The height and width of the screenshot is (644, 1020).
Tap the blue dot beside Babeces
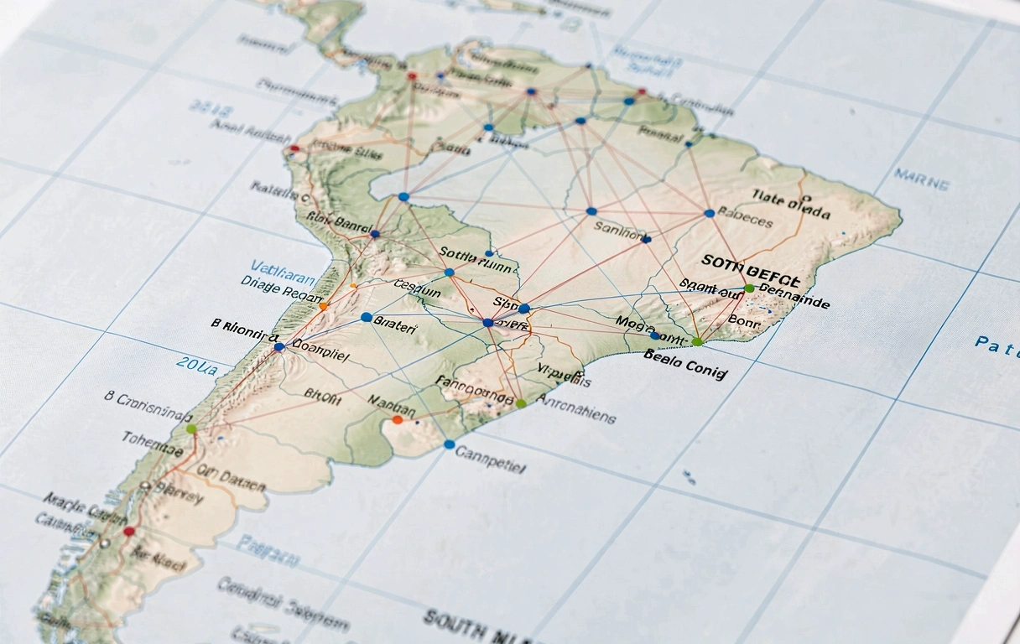tap(710, 213)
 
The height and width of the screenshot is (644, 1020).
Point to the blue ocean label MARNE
tap(922, 179)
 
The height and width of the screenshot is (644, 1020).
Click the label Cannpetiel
tap(491, 458)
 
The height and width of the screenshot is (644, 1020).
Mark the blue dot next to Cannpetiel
tap(450, 444)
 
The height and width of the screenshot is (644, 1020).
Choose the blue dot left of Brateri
tap(366, 317)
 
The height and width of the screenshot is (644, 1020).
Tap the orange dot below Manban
tap(397, 419)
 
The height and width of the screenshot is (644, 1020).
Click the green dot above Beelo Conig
tap(697, 341)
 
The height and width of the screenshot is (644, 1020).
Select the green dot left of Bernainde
tap(749, 288)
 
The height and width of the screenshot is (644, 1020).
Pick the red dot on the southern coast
tap(128, 531)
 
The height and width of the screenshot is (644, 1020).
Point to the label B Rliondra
tap(243, 328)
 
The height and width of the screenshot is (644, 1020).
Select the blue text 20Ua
tap(202, 366)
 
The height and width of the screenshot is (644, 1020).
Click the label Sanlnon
tap(622, 227)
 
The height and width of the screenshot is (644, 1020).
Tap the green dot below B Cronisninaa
tap(191, 428)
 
